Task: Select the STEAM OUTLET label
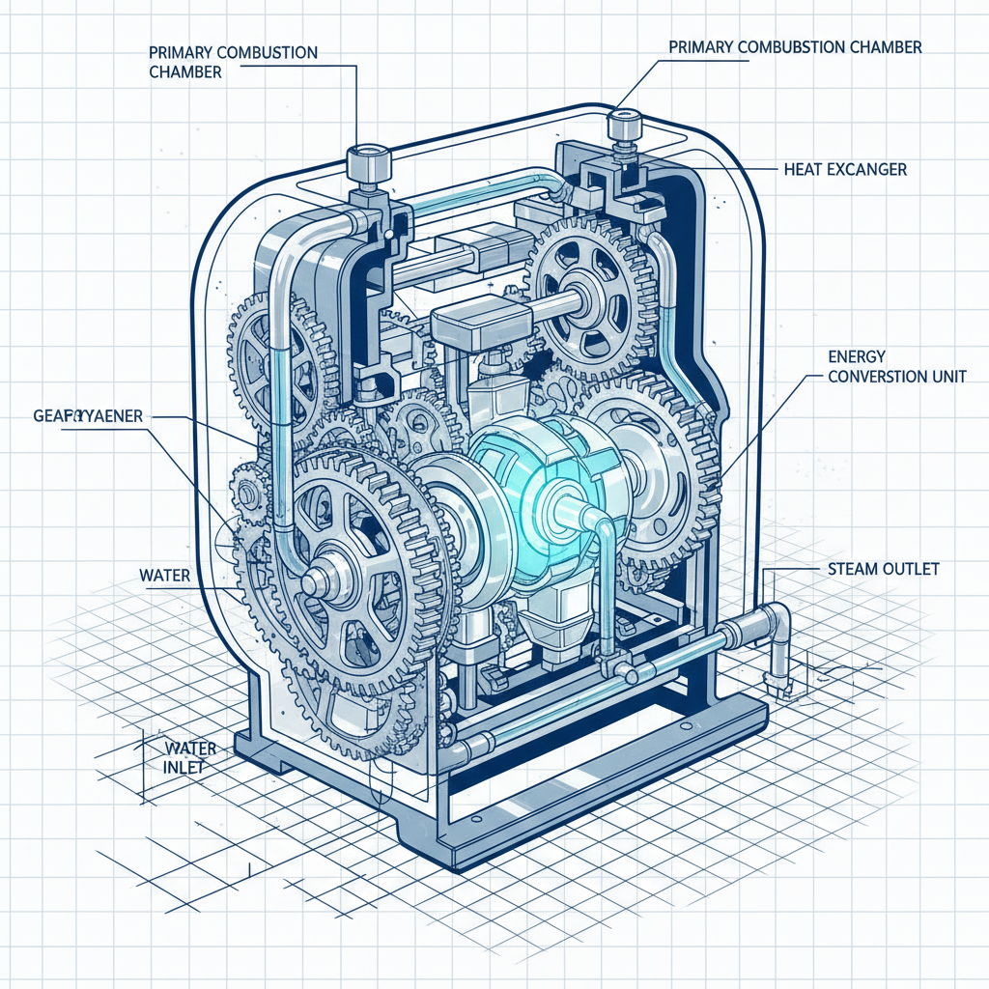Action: (883, 570)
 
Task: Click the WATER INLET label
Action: (189, 757)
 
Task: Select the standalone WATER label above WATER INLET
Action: (164, 576)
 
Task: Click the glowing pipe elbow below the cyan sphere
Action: (601, 531)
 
